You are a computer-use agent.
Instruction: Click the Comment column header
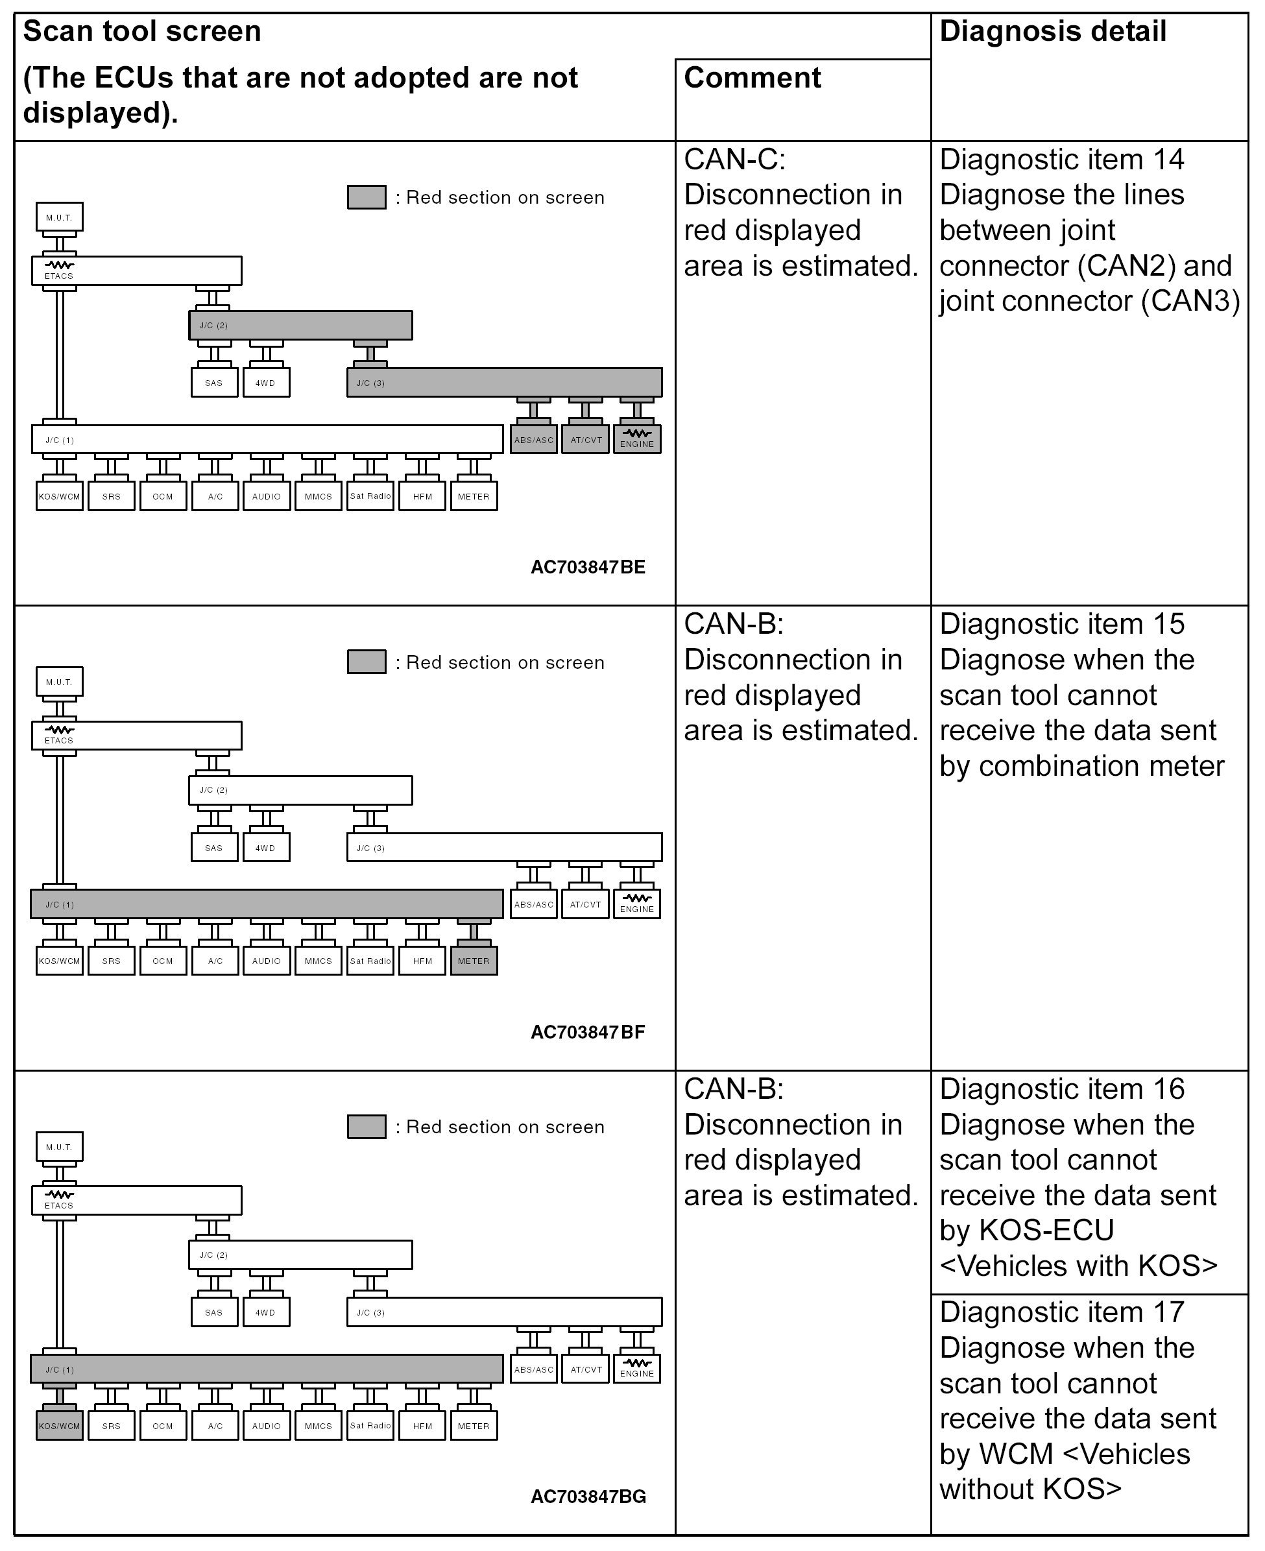click(752, 78)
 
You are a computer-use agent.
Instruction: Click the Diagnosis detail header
click(1052, 31)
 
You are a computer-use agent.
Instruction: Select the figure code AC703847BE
click(587, 567)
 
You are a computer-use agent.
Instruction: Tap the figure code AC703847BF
click(587, 1031)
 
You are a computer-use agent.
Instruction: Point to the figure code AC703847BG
click(588, 1497)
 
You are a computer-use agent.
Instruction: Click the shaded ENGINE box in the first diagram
click(637, 439)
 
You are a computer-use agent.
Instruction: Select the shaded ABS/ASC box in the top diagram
click(533, 439)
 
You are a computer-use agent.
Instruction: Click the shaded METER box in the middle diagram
click(474, 961)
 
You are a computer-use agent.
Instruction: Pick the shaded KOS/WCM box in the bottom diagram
click(59, 1426)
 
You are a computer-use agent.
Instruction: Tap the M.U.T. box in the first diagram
click(59, 217)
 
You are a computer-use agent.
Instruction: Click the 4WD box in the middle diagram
click(265, 847)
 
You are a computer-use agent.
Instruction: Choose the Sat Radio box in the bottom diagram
click(370, 1426)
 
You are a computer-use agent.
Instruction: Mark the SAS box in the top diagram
click(213, 383)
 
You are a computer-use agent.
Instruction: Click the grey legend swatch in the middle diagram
click(367, 662)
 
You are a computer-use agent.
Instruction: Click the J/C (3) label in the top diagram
click(370, 383)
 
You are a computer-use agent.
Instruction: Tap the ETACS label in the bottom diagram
click(59, 1205)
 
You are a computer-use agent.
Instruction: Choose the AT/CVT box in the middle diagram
click(586, 904)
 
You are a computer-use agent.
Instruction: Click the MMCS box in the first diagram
click(318, 496)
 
